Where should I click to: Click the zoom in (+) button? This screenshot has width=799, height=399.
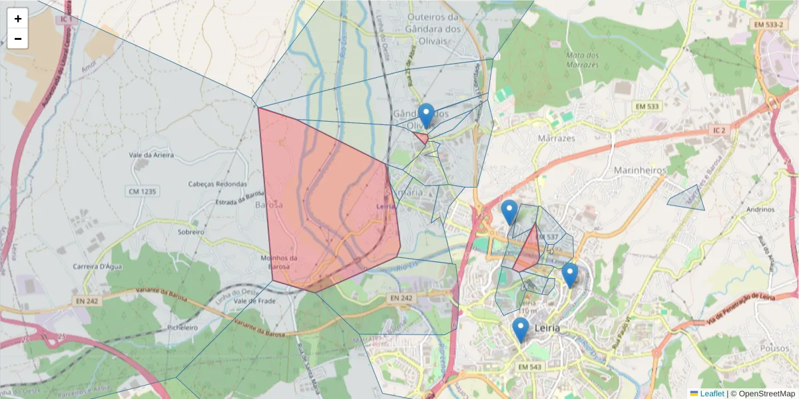pyautogui.click(x=18, y=19)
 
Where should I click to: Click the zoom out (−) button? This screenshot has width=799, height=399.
pyautogui.click(x=18, y=39)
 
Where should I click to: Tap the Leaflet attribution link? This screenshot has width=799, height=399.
pyautogui.click(x=712, y=394)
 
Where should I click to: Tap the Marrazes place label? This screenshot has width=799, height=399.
pyautogui.click(x=555, y=138)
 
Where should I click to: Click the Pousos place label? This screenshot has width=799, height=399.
pyautogui.click(x=774, y=348)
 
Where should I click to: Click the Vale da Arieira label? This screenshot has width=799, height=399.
pyautogui.click(x=151, y=155)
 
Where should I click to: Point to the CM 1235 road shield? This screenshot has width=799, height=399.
pyautogui.click(x=141, y=192)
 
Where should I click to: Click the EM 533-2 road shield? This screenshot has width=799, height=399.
pyautogui.click(x=768, y=25)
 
